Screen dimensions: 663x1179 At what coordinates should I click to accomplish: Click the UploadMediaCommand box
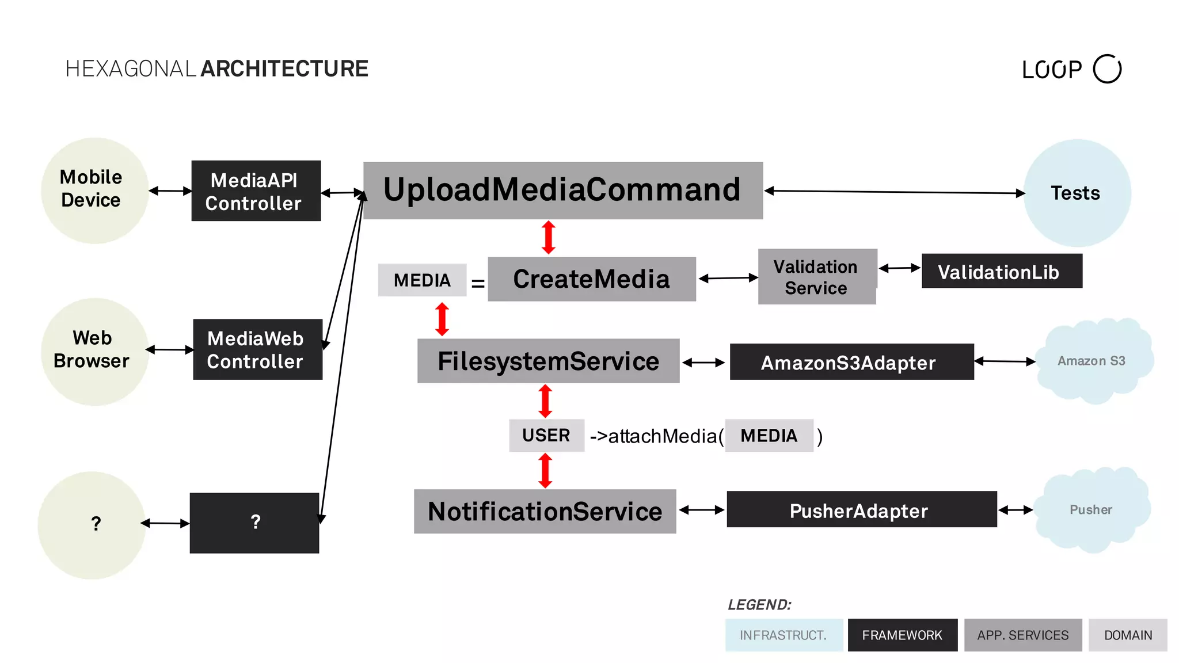(562, 190)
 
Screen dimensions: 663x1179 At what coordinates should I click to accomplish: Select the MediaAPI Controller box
(256, 191)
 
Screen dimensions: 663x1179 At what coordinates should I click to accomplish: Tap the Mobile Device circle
(94, 190)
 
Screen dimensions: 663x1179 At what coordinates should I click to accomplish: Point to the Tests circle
(1077, 193)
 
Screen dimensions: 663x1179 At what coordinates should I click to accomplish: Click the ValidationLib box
(1001, 271)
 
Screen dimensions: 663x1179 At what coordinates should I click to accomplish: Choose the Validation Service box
(816, 277)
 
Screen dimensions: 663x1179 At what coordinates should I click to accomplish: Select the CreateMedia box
(591, 279)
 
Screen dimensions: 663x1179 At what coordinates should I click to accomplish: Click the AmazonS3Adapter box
(851, 362)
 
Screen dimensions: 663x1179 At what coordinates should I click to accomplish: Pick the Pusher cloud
(1091, 509)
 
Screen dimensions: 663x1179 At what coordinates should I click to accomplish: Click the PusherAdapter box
(861, 509)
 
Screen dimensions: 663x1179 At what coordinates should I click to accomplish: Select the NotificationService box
(545, 511)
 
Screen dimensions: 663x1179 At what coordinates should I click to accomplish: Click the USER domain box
(546, 435)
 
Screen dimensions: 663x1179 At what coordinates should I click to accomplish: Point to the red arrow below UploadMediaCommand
(549, 237)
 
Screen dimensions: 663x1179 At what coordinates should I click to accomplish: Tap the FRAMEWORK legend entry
(902, 635)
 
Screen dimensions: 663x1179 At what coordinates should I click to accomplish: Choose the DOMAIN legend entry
(1127, 635)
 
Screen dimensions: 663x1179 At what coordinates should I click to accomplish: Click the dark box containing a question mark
(254, 523)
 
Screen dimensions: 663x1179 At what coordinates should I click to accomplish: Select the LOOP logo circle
(1106, 69)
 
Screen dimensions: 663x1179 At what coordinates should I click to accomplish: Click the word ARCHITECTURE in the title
(284, 68)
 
